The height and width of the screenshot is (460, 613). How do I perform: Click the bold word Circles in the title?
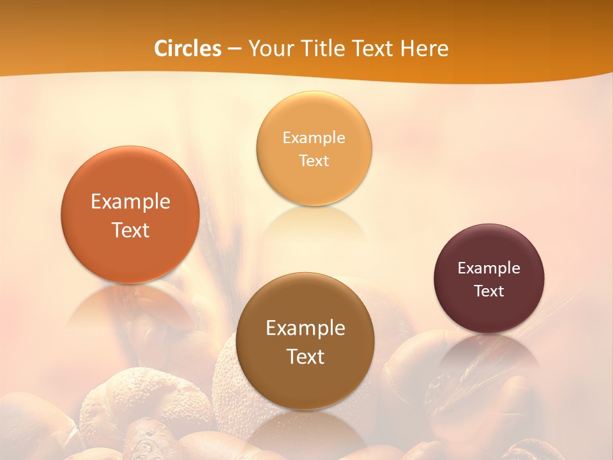(188, 49)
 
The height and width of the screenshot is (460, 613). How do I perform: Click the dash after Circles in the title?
(234, 49)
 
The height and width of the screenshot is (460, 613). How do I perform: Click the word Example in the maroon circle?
(489, 268)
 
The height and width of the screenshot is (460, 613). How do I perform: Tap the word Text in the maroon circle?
(489, 291)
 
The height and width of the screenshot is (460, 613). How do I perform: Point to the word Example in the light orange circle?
(314, 138)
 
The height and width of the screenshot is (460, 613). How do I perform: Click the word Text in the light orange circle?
(314, 161)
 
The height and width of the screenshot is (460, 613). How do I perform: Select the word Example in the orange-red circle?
(130, 202)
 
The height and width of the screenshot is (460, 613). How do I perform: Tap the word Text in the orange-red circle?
(130, 230)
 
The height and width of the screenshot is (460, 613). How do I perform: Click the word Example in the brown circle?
(305, 328)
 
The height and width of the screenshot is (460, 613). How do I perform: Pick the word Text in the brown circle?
(305, 356)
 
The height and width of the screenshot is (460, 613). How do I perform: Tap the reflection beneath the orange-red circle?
(130, 304)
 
